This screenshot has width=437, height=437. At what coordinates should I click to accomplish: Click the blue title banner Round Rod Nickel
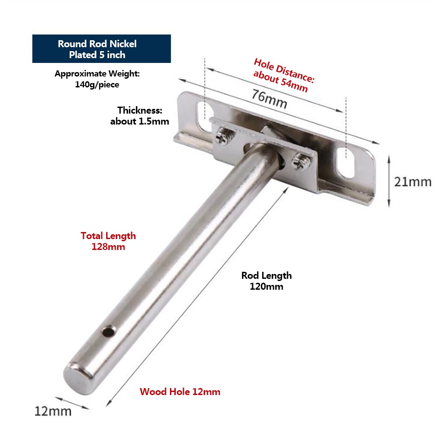tap(101, 49)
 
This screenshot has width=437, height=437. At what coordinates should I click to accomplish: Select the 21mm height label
tap(413, 182)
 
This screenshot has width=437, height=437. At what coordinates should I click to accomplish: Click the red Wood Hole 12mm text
tap(180, 392)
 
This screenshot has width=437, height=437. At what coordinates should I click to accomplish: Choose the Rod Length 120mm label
tap(267, 281)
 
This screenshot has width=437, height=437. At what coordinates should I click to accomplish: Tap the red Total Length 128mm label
tap(108, 241)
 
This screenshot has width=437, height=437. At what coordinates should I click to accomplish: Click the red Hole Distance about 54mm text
tap(283, 75)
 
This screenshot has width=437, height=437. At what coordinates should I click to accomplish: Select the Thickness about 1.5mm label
tap(139, 116)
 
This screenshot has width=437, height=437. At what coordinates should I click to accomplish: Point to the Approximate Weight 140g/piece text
tap(97, 79)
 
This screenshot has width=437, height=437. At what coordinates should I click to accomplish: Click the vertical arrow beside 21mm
tap(388, 181)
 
